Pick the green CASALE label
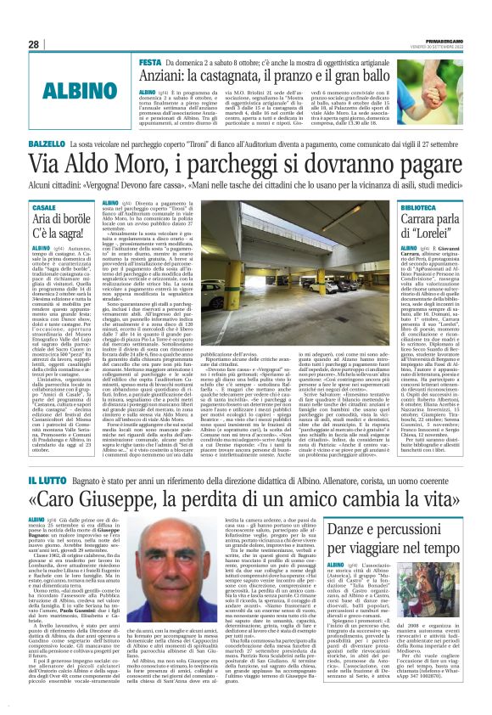44,208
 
